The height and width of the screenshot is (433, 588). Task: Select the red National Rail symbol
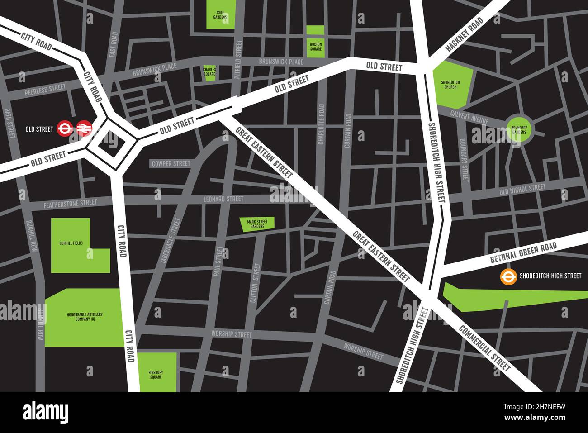click(83, 128)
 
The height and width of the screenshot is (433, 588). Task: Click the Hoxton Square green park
click(315, 42)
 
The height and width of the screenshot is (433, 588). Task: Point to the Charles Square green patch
click(209, 73)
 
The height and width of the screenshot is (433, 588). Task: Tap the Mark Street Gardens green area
click(257, 224)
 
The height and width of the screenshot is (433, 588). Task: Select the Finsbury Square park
click(156, 372)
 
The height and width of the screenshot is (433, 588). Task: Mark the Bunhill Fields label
click(71, 243)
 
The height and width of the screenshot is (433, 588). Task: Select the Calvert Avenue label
click(469, 118)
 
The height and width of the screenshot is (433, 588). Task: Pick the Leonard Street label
click(223, 199)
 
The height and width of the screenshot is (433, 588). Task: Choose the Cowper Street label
click(171, 164)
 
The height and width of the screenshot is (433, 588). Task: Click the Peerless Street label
click(45, 89)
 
